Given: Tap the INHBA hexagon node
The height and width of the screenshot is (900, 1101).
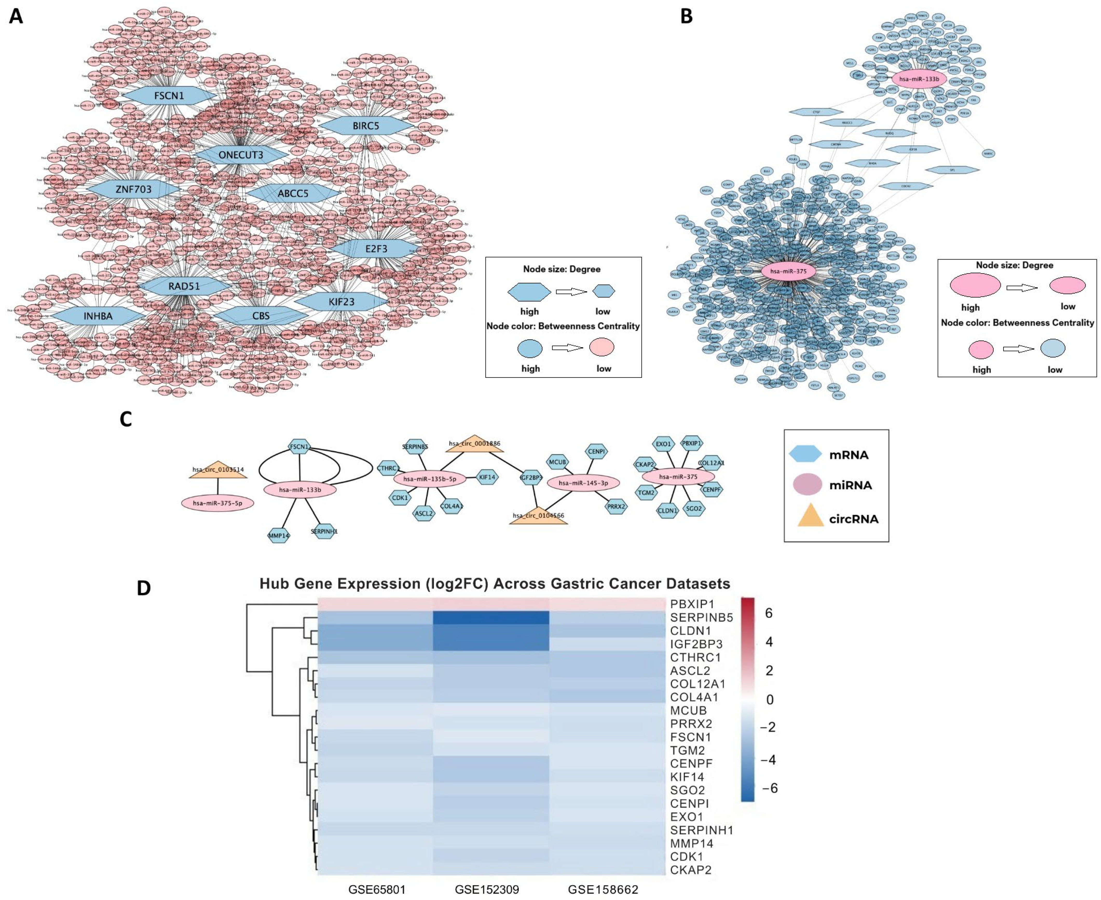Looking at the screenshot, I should pyautogui.click(x=98, y=316).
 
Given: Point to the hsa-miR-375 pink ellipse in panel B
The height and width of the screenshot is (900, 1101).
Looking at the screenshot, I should pyautogui.click(x=788, y=271).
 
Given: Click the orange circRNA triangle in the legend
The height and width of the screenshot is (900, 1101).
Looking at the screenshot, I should pyautogui.click(x=810, y=517).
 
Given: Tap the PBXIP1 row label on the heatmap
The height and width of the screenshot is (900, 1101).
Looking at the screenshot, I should pyautogui.click(x=692, y=604).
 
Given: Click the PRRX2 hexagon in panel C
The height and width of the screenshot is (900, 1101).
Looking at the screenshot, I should pyautogui.click(x=616, y=506).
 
